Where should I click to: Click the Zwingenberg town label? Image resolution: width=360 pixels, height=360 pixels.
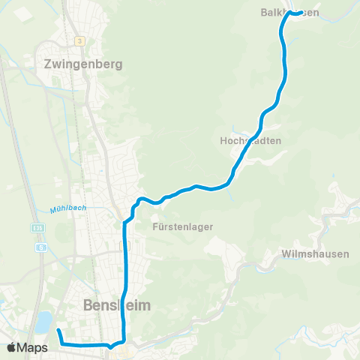click(x=82, y=64)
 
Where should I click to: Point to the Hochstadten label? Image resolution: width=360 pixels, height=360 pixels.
click(x=250, y=140)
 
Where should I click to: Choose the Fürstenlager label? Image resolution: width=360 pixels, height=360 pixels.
click(x=183, y=226)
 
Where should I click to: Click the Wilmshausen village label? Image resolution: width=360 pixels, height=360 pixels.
click(x=316, y=253)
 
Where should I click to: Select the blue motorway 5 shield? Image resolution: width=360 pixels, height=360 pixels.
click(x=41, y=247)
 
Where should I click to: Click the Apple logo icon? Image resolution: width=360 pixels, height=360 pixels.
click(x=12, y=347)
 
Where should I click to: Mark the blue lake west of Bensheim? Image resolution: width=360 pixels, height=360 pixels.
click(x=43, y=322)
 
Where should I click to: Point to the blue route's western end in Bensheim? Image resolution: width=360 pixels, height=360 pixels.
click(x=58, y=330)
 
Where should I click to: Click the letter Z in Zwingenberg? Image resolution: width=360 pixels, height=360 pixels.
click(x=49, y=64)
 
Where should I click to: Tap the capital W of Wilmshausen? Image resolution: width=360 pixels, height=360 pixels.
click(x=286, y=253)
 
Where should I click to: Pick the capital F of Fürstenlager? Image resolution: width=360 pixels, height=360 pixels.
click(x=154, y=226)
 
